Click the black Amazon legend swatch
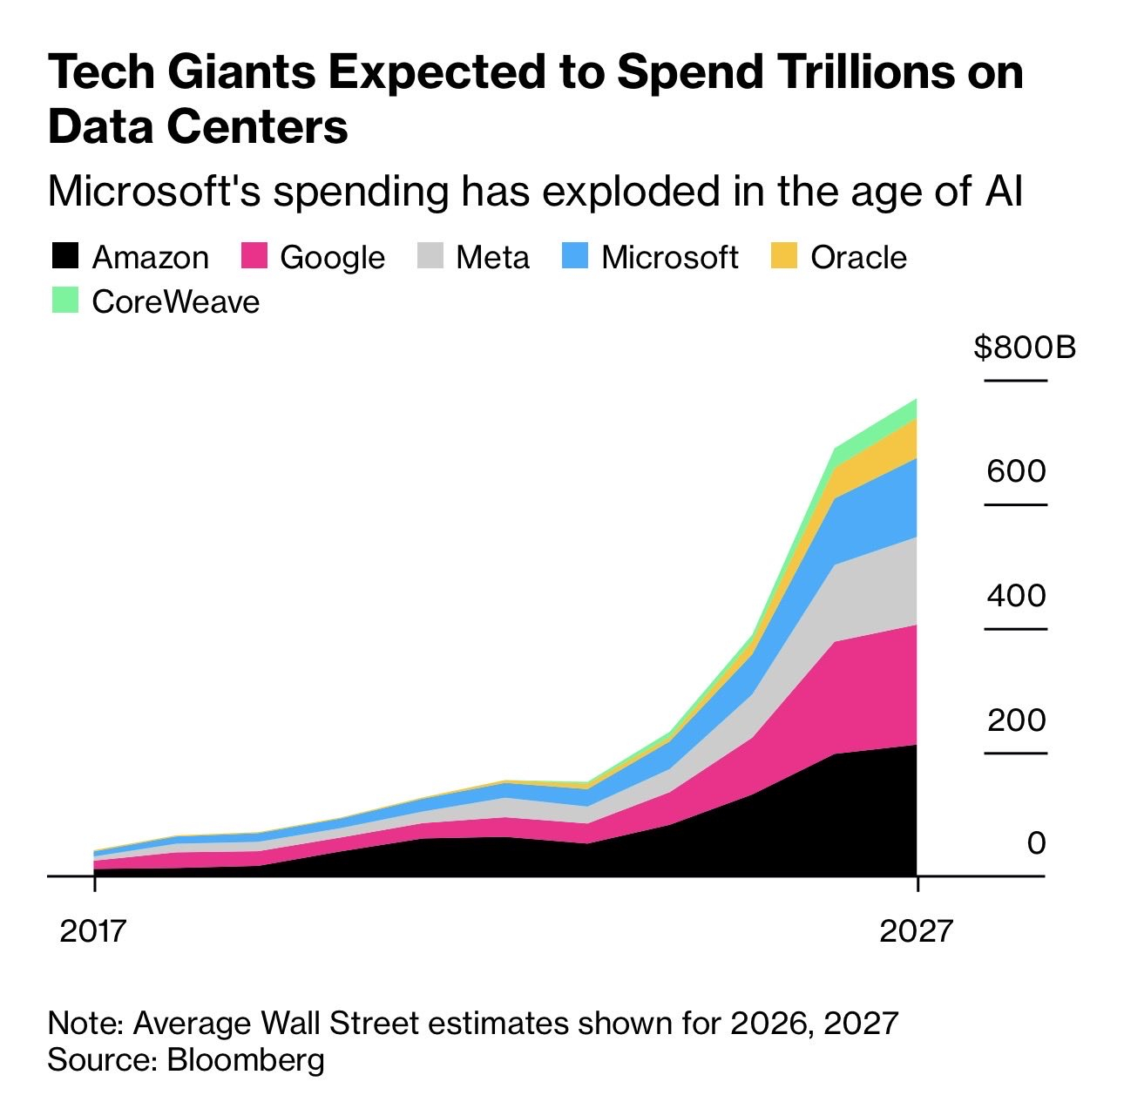pyautogui.click(x=65, y=257)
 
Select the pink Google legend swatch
pyautogui.click(x=254, y=257)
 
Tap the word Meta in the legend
pyautogui.click(x=492, y=257)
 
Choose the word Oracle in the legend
pyautogui.click(x=858, y=257)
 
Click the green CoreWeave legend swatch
pyautogui.click(x=65, y=301)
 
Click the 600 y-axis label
pyautogui.click(x=1016, y=471)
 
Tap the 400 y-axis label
pyautogui.click(x=1016, y=596)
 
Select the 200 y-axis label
pyautogui.click(x=1016, y=720)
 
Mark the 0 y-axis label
pyautogui.click(x=1036, y=843)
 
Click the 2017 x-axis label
pyautogui.click(x=93, y=931)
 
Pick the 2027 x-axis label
pyautogui.click(x=916, y=931)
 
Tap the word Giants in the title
pyautogui.click(x=241, y=71)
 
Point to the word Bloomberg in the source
pyautogui.click(x=246, y=1060)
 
